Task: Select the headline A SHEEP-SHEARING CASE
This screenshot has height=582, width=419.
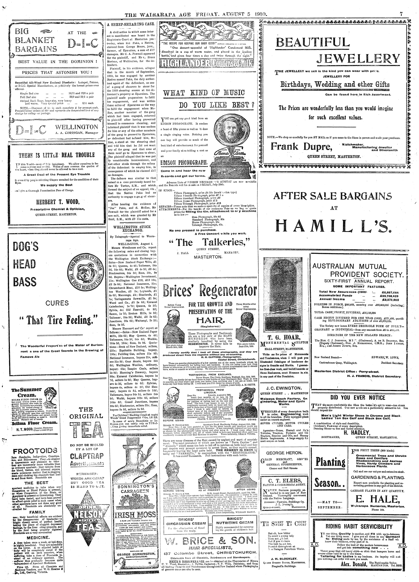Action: (131, 24)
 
